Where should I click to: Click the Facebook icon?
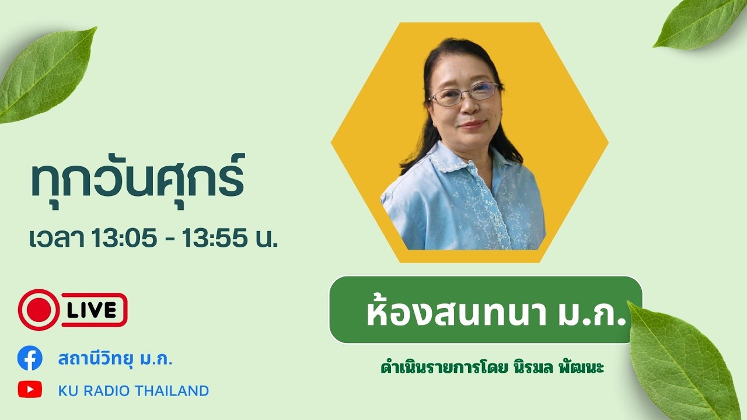[x=30, y=358]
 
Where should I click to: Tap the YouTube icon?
[x=30, y=390]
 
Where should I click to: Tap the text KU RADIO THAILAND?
[x=133, y=390]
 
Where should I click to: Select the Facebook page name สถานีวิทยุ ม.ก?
[x=115, y=359]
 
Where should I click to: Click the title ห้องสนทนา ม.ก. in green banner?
[x=495, y=313]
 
